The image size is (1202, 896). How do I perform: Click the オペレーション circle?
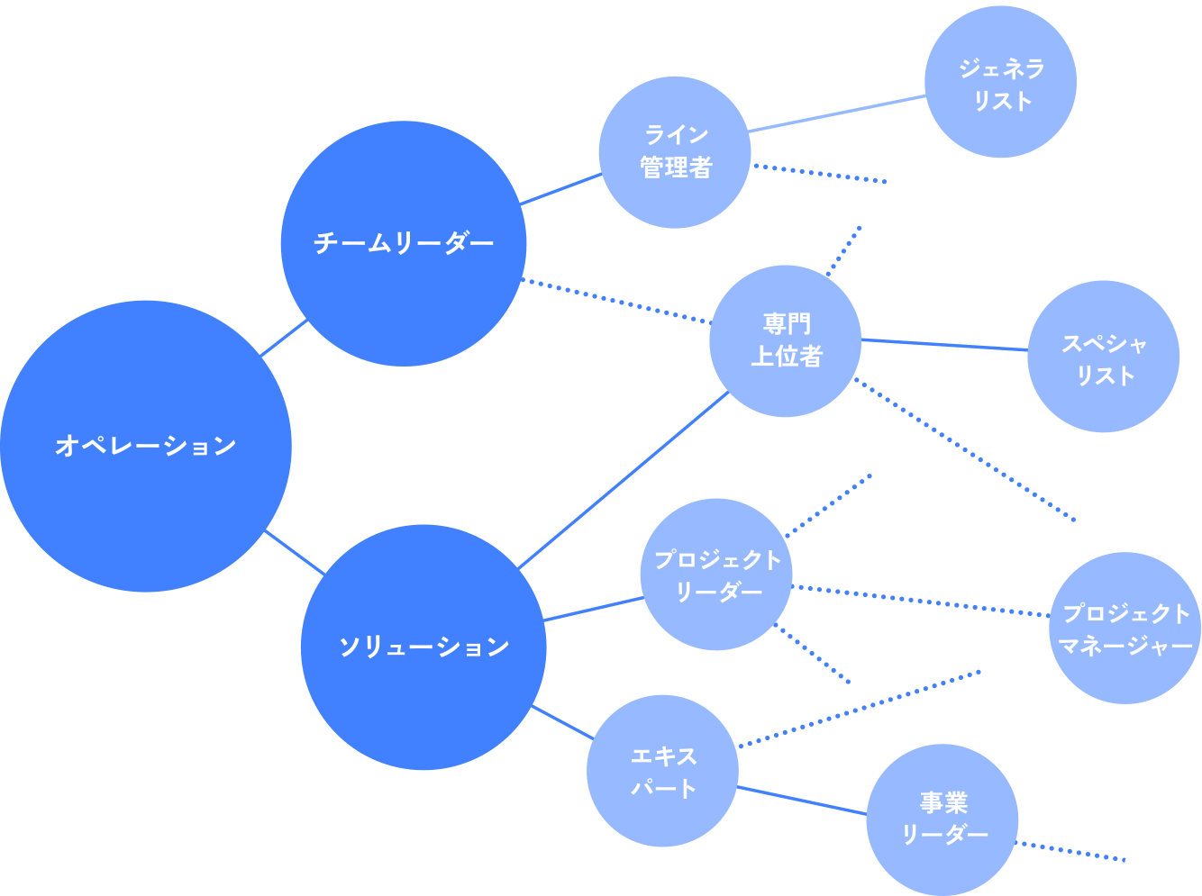click(x=145, y=446)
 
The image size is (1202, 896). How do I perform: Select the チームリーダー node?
click(x=403, y=243)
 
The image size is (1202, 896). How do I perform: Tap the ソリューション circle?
click(x=423, y=647)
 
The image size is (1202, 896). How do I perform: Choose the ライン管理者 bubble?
click(x=675, y=152)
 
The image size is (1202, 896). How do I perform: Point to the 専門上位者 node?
click(x=786, y=340)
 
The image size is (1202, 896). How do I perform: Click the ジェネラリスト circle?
click(x=1000, y=83)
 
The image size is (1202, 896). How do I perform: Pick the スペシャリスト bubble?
click(x=1103, y=357)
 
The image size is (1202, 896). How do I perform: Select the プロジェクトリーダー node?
click(x=716, y=575)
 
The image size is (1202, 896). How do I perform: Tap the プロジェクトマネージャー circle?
click(x=1125, y=629)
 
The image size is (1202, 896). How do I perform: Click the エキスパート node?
click(x=662, y=771)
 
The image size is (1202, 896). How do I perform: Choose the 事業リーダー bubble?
click(x=942, y=819)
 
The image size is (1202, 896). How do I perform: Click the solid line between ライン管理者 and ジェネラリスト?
click(x=837, y=113)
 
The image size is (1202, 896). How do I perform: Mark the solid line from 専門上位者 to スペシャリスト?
click(x=944, y=345)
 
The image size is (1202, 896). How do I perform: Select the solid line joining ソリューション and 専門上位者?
click(x=624, y=480)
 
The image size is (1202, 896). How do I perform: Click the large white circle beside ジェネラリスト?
click(x=836, y=38)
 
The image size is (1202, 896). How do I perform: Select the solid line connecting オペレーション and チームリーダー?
click(x=285, y=339)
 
